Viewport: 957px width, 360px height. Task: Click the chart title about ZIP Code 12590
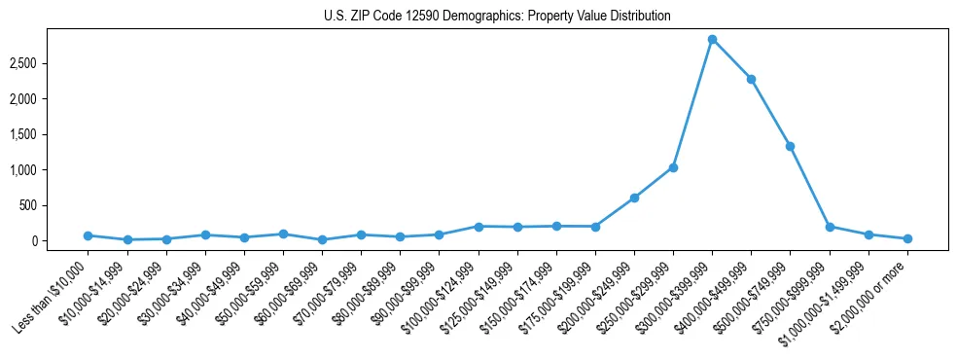(x=497, y=16)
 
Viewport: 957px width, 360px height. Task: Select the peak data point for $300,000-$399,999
(x=712, y=39)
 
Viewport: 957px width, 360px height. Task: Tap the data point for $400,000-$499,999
(x=751, y=79)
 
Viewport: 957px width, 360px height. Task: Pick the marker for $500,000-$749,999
(x=790, y=146)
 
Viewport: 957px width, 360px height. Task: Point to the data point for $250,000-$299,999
(x=673, y=167)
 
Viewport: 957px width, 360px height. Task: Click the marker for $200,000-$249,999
(x=634, y=198)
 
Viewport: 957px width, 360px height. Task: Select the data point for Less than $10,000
(x=88, y=235)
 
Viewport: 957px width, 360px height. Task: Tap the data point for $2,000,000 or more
(x=907, y=238)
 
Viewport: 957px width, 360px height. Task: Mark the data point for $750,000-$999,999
(x=830, y=227)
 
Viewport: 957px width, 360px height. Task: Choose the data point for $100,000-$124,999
(x=478, y=226)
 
